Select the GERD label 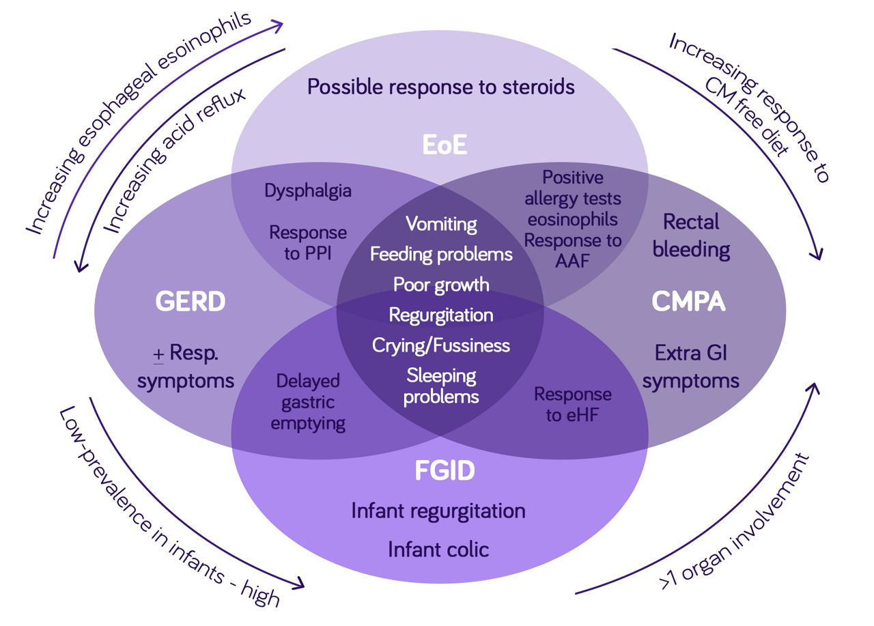click(x=190, y=302)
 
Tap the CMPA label click(x=688, y=302)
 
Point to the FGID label click(x=445, y=471)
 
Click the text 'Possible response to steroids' click(x=440, y=87)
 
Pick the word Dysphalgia click(x=308, y=190)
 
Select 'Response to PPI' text click(x=308, y=242)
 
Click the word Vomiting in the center click(x=441, y=224)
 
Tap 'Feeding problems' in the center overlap click(x=441, y=255)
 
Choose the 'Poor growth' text click(x=441, y=284)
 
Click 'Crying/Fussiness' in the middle click(x=441, y=345)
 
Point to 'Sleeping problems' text click(x=441, y=385)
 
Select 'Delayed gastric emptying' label click(x=308, y=402)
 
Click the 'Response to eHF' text click(x=572, y=403)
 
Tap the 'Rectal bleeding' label click(x=691, y=236)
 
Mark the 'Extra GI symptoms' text click(x=690, y=367)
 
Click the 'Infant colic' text click(x=438, y=549)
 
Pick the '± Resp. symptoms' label click(x=186, y=367)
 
